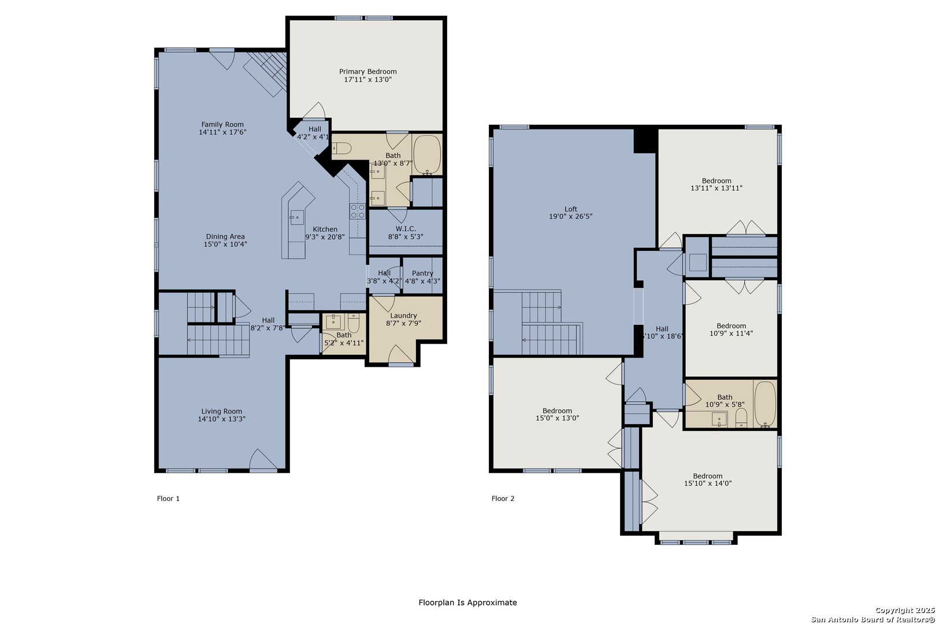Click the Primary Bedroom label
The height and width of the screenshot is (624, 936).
click(367, 72)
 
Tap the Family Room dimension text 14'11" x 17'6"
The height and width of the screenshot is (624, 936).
click(222, 132)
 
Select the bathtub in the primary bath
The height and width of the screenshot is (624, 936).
click(427, 154)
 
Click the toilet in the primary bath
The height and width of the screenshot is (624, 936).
click(342, 148)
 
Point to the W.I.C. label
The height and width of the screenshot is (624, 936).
click(406, 229)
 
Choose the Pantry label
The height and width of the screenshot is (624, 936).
click(422, 273)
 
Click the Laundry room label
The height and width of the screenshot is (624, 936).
click(404, 315)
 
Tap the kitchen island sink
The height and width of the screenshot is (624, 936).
click(296, 217)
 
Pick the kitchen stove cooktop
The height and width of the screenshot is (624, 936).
click(357, 211)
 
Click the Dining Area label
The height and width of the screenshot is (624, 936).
click(225, 236)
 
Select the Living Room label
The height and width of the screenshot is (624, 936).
click(221, 411)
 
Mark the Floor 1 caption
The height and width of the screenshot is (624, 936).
click(168, 498)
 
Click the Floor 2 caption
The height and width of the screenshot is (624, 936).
click(503, 498)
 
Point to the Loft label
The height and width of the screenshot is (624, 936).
click(571, 209)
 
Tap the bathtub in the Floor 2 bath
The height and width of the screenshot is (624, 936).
click(765, 404)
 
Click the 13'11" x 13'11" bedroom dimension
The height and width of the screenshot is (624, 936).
click(716, 188)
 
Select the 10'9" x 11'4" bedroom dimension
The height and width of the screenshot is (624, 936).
click(731, 333)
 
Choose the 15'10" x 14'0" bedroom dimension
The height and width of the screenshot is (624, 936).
click(708, 484)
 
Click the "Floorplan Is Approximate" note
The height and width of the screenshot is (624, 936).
click(467, 602)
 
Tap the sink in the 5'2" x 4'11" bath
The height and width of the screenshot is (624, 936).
click(335, 322)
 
